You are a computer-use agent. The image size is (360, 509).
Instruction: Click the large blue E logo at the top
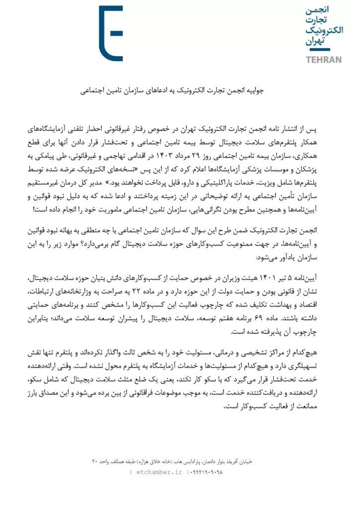[110, 33]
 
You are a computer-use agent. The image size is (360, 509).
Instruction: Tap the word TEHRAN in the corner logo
[324, 60]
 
